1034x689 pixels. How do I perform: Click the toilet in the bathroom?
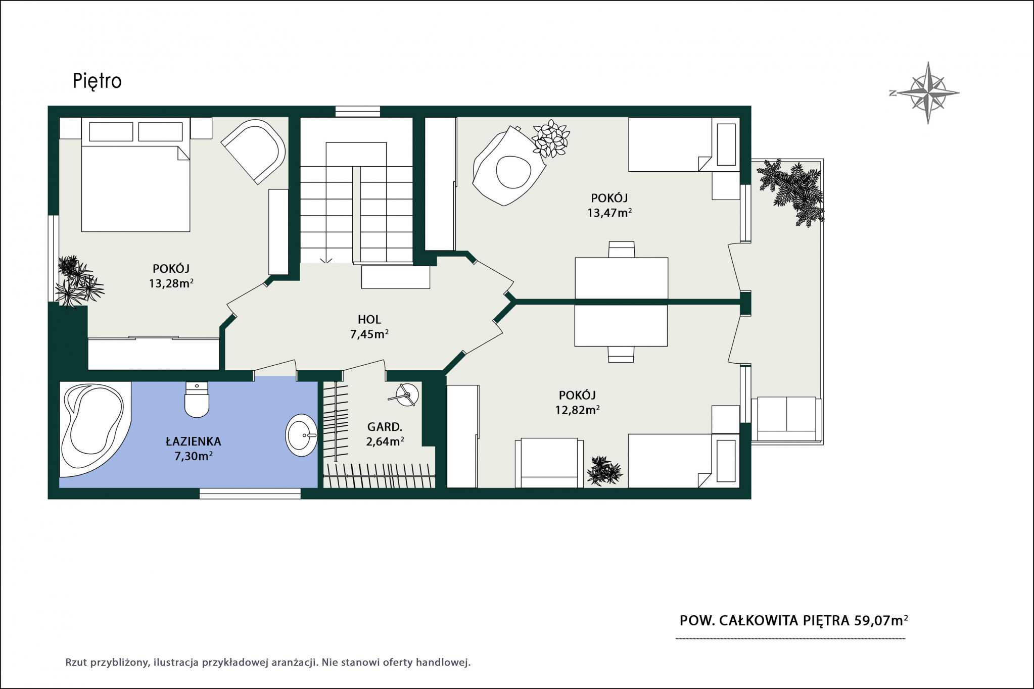(197, 399)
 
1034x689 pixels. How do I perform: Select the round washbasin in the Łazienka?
(302, 435)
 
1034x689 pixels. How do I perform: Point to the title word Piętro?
(97, 81)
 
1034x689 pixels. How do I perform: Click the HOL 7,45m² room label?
(369, 326)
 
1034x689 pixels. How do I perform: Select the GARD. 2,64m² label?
(385, 434)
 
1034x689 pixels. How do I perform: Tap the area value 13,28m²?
(171, 283)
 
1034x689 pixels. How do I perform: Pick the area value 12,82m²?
(578, 410)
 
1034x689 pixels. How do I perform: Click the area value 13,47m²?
(609, 212)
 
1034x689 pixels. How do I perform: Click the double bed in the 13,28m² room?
(135, 175)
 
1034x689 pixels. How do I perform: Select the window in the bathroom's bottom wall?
(250, 493)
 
